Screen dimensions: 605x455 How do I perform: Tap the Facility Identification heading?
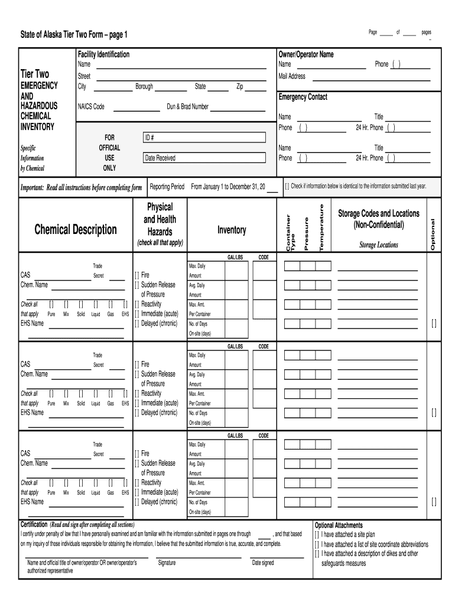tap(103, 54)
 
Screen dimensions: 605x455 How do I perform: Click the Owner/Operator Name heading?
tap(305, 54)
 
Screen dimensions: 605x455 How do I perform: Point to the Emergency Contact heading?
tap(303, 97)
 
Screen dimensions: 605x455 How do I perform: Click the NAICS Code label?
tap(91, 107)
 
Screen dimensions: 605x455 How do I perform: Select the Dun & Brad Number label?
tap(187, 107)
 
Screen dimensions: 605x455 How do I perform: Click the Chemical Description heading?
tap(76, 229)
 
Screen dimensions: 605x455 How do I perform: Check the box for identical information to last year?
tap(287, 186)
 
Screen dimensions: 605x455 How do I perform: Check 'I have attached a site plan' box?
tap(317, 534)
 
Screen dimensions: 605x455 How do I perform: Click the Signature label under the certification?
tap(167, 563)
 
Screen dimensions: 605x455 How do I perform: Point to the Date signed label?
tap(263, 563)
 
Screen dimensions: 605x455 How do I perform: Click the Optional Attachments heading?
tap(339, 525)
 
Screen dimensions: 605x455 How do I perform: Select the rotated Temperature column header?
tap(322, 227)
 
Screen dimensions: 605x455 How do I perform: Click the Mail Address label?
tap(292, 76)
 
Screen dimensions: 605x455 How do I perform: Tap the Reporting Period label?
tap(167, 186)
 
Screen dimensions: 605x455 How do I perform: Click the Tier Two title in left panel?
tap(35, 74)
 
